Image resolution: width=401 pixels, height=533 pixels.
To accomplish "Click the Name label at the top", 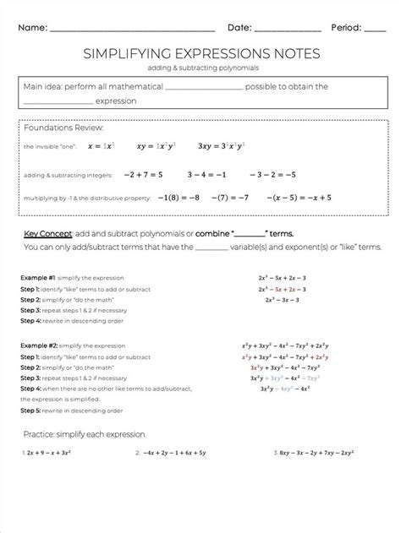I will coord(32,27).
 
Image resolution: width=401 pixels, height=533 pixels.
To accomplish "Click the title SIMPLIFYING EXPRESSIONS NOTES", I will coord(200,53).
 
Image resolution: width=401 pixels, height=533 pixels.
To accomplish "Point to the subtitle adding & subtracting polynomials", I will coord(200,67).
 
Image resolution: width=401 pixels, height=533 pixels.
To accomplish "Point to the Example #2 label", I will coord(38,345).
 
